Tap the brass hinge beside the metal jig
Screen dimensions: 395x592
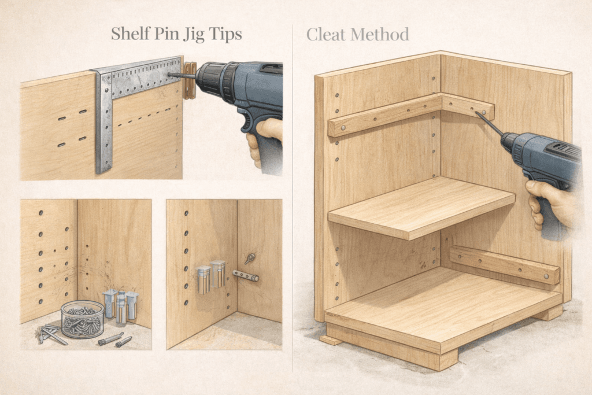pyautogui.click(x=190, y=80)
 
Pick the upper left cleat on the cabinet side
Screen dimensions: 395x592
pyautogui.click(x=384, y=116)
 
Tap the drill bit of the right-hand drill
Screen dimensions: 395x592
pyautogui.click(x=489, y=123)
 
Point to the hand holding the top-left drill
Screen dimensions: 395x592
pyautogui.click(x=263, y=139)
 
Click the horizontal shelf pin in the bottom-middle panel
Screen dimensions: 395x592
pyautogui.click(x=246, y=276)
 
